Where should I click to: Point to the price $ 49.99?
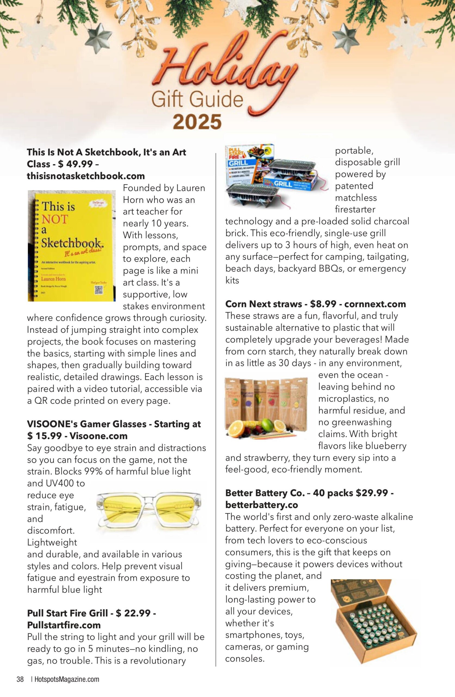click(76, 164)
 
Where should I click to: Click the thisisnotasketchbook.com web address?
click(86, 176)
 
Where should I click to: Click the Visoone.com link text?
click(99, 436)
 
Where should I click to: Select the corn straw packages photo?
click(266, 408)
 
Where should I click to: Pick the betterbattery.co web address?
click(262, 505)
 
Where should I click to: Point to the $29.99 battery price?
click(371, 493)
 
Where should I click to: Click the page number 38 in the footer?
click(20, 679)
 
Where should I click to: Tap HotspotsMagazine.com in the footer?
click(67, 679)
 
